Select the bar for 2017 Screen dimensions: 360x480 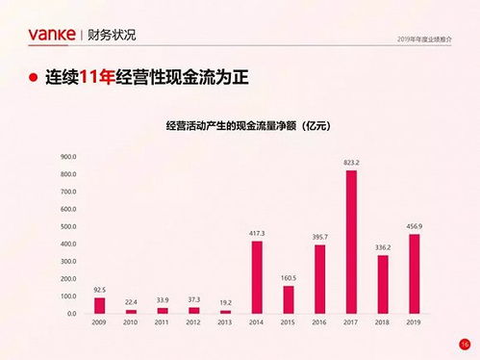click(x=351, y=242)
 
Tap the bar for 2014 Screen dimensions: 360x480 click(x=257, y=277)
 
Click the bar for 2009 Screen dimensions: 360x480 click(x=99, y=305)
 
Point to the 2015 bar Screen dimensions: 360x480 click(x=289, y=299)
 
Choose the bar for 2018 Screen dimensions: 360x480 click(x=383, y=284)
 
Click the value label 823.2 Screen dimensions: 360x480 click(x=351, y=163)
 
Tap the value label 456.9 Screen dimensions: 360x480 click(x=414, y=226)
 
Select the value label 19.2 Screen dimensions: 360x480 click(x=225, y=302)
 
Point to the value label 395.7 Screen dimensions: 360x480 click(x=319, y=237)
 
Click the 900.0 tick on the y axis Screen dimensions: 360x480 click(x=68, y=156)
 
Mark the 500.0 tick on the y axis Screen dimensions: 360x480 click(x=68, y=226)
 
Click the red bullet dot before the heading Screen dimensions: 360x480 click(x=34, y=78)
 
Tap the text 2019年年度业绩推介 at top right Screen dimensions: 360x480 click(x=425, y=39)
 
